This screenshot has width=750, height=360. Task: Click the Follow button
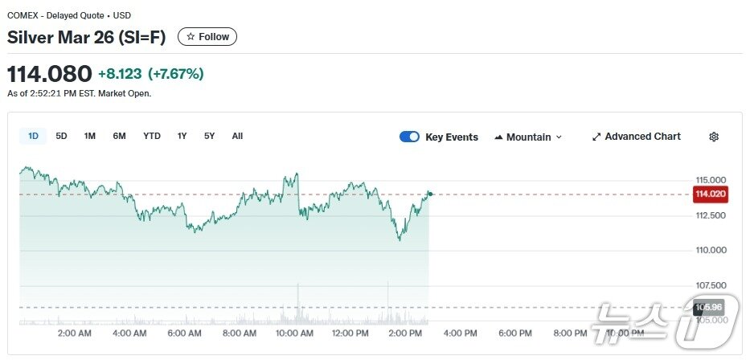207,37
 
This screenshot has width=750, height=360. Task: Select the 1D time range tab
33,137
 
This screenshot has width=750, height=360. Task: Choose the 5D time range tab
61,137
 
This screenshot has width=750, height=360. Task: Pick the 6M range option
119,137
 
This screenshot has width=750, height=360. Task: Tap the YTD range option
152,137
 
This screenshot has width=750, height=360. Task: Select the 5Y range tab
209,137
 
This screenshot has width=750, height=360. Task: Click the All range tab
237,137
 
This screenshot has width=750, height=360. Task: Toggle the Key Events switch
409,137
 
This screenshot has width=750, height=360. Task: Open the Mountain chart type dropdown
528,137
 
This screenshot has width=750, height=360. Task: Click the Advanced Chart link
636,137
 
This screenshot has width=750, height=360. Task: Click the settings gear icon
714,137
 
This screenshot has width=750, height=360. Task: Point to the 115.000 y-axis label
711,179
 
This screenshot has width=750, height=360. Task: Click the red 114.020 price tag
711,194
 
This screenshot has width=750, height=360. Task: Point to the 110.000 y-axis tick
711,251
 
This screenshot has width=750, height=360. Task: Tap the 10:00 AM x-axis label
294,333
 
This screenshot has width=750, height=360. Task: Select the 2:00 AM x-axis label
74,333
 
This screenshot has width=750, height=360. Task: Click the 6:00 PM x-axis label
514,333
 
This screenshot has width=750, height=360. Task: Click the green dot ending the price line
430,194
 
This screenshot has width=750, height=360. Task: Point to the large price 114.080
50,75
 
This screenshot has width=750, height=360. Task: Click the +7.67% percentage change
176,75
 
